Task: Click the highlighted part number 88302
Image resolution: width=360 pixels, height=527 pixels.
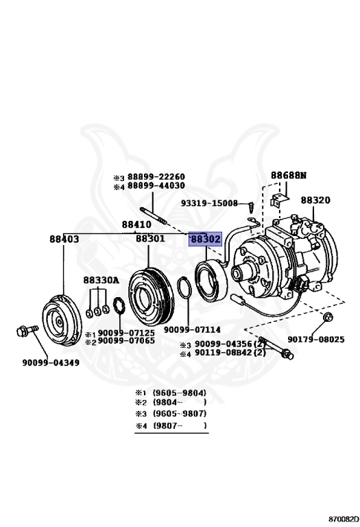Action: coord(206,239)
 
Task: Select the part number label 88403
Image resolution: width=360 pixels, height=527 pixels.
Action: coord(64,239)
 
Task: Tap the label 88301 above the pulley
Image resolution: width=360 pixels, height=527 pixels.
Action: coord(149,239)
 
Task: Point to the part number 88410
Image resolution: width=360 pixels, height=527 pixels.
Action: coord(136,224)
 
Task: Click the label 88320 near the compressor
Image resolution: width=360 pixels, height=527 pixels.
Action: coord(315,200)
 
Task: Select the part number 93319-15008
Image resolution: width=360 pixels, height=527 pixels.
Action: coord(209,203)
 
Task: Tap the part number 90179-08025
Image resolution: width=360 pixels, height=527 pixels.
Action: coord(316,339)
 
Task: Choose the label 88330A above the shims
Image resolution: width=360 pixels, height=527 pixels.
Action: coord(101,280)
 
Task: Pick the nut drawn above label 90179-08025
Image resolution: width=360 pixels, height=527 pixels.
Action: coord(327,317)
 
